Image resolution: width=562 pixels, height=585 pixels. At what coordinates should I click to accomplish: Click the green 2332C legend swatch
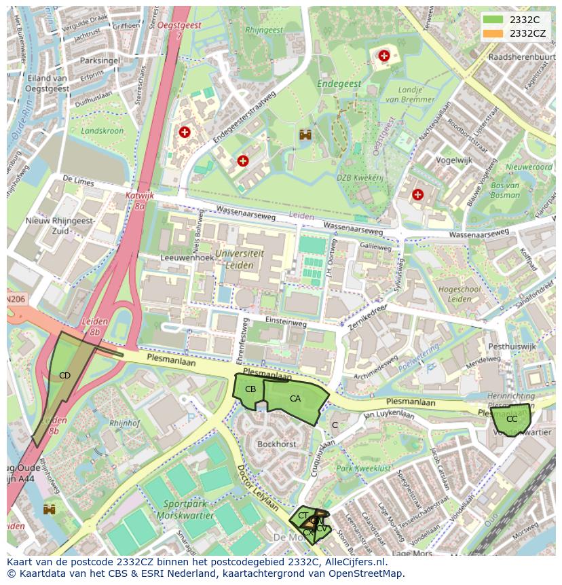[493, 20]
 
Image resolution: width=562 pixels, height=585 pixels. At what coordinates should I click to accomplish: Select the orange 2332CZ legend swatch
[493, 33]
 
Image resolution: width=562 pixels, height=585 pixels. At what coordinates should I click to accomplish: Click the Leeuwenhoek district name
[183, 258]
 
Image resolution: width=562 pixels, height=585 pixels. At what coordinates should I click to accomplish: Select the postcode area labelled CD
[64, 375]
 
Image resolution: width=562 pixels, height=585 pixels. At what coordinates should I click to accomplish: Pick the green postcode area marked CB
[249, 389]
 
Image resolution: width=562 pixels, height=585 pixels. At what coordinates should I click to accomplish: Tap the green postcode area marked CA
[295, 400]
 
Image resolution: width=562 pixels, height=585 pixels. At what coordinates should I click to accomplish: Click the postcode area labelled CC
[512, 419]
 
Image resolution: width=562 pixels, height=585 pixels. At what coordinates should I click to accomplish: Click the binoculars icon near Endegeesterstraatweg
[305, 135]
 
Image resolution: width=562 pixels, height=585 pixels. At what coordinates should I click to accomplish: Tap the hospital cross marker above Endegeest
[384, 56]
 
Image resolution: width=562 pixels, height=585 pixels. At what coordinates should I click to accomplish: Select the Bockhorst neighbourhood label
[277, 444]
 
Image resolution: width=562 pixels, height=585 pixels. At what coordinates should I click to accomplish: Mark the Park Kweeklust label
[363, 469]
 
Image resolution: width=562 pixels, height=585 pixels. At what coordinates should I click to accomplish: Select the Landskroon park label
[102, 130]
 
